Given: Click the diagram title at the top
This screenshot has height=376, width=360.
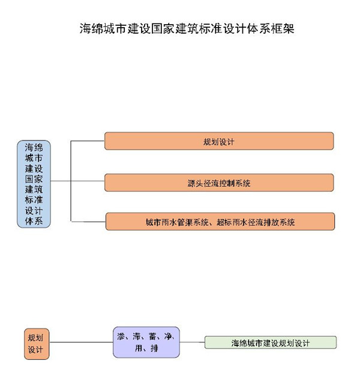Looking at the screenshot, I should pos(187,28).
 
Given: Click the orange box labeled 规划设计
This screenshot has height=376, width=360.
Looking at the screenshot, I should pos(218,142).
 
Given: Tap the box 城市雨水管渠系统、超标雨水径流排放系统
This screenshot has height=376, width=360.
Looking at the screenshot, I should pos(220,222).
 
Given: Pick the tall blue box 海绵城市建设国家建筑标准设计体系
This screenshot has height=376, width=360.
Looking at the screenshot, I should pos(34,184).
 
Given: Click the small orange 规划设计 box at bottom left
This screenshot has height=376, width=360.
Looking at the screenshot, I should pos(37,343).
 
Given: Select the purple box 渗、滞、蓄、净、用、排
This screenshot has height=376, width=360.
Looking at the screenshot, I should pos(146,342).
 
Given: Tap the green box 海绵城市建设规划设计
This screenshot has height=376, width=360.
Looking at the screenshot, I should pos(270,343).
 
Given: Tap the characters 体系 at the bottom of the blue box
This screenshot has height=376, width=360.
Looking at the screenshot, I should pos(34,222).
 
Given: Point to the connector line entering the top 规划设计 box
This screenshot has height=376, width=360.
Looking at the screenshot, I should pos(88,142).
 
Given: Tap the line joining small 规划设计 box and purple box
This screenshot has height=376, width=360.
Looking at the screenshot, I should pos(81,342).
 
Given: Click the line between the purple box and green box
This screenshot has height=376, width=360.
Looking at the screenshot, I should pos(192,342).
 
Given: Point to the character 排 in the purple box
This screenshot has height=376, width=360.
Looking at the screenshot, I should pos(155,348).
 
